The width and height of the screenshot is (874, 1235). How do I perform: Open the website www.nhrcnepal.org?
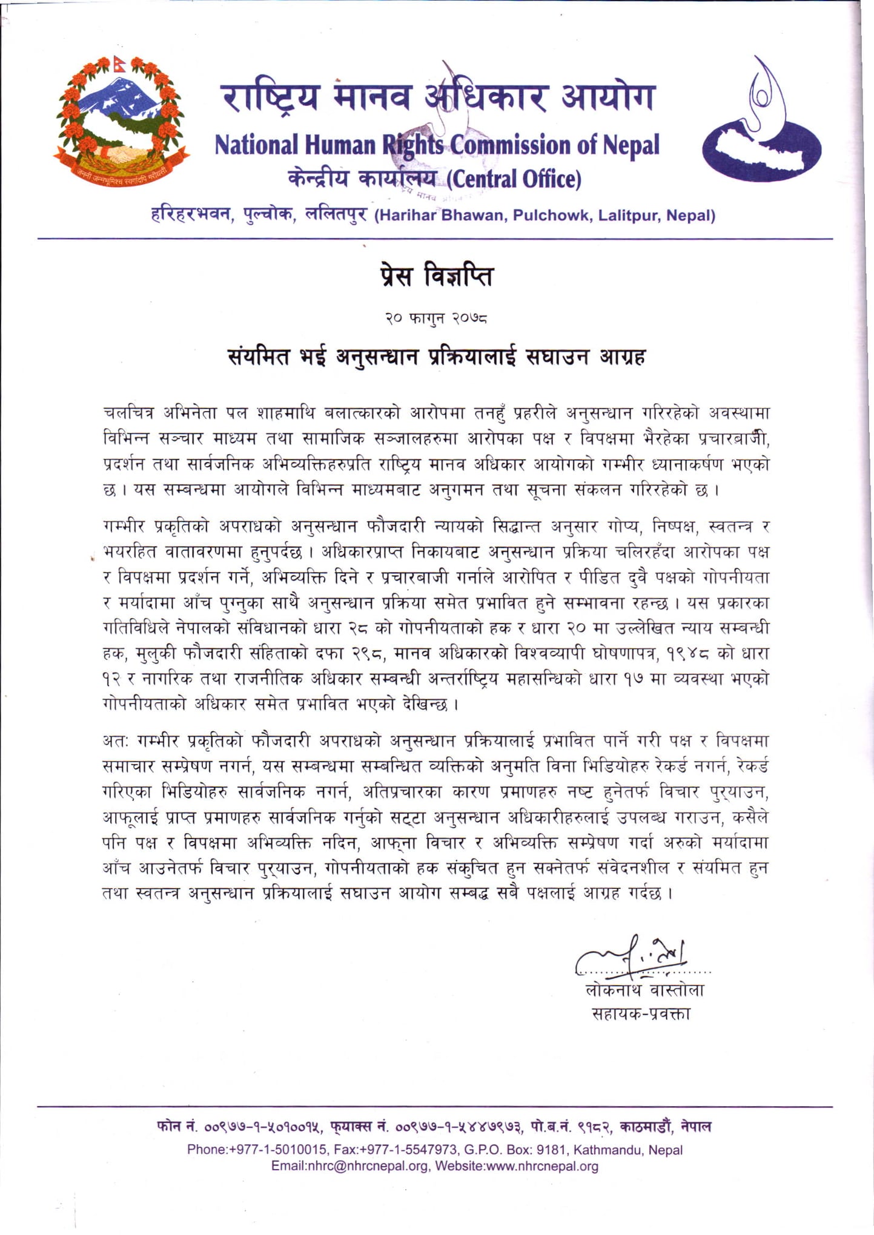542,1166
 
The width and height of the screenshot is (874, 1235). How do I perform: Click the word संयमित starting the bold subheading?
257,358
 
